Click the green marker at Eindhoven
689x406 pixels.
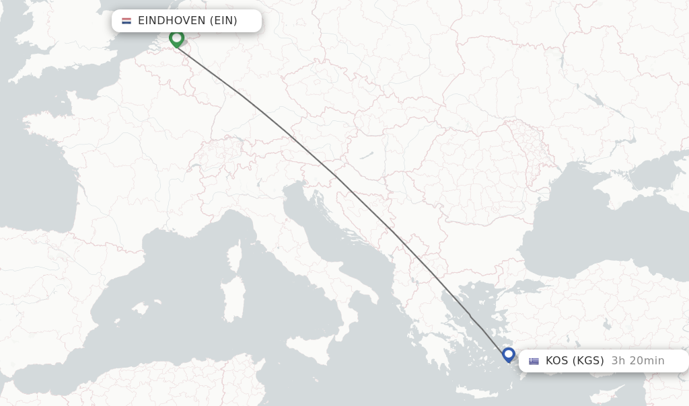(176, 38)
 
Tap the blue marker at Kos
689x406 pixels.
(509, 354)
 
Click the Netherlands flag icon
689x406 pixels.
(126, 21)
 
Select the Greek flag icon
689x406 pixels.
(534, 361)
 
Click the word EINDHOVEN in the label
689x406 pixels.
(172, 21)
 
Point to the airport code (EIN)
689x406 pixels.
(223, 21)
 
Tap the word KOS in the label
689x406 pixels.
(556, 361)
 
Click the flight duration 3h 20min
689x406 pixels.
(637, 361)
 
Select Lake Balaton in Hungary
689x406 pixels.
(367, 155)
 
